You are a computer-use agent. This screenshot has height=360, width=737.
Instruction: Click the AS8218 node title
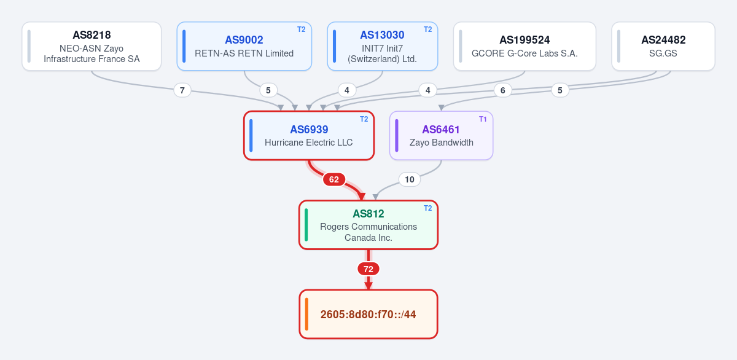coord(92,35)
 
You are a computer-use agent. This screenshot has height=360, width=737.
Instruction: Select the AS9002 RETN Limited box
coord(244,46)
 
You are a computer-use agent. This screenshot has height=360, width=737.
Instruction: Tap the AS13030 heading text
coord(382,35)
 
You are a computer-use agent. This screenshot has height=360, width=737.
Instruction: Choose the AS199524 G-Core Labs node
coord(524,46)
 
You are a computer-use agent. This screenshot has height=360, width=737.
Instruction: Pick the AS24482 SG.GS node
coord(663,46)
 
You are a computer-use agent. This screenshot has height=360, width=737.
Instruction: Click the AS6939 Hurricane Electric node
coord(309,136)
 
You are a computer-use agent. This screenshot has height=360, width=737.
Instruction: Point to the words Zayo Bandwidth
coord(441,143)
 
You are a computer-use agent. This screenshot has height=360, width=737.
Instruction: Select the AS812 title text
coord(368,214)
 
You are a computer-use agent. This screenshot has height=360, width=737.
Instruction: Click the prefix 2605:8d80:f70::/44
coord(368,315)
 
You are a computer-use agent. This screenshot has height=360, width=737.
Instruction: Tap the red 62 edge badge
coord(334,179)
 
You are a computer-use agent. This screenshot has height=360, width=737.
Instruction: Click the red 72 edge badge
coord(368,269)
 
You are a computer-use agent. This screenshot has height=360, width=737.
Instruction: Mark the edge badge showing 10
coord(409,179)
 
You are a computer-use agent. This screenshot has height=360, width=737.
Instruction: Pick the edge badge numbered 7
coord(182,90)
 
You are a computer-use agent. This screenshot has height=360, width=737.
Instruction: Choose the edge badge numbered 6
coord(503,90)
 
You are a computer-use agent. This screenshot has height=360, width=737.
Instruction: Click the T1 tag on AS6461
coord(483,119)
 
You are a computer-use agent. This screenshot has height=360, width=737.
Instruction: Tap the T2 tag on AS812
coord(427,208)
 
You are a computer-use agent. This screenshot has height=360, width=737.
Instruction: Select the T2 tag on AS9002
coord(302,29)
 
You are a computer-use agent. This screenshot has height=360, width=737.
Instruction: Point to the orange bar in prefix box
coord(306,314)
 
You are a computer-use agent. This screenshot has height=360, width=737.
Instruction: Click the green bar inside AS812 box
coord(306,225)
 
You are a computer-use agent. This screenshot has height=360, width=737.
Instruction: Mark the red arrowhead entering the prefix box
coord(368,286)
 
